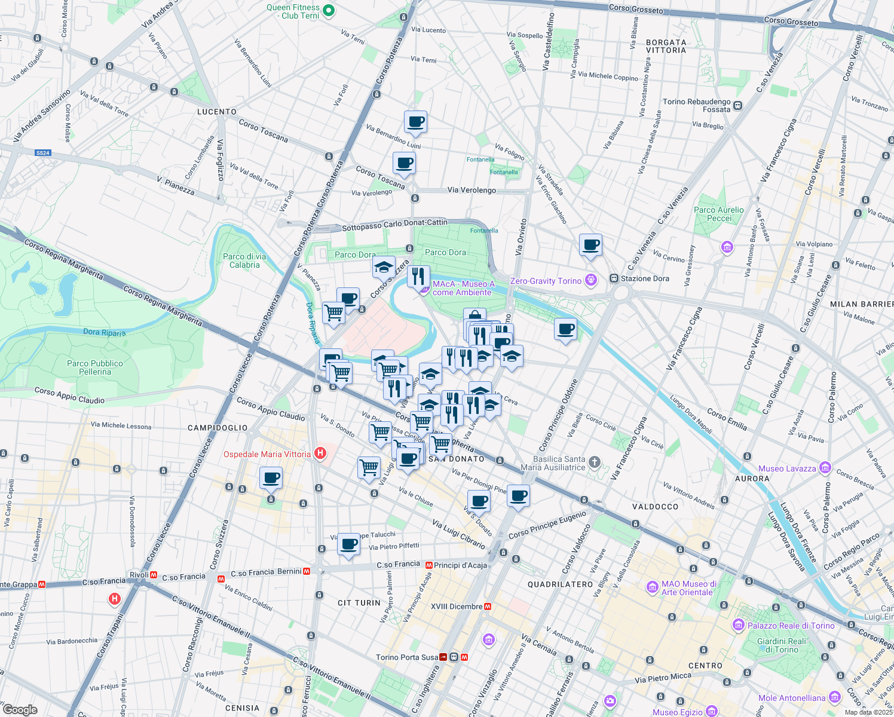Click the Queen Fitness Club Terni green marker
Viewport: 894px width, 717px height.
click(x=328, y=11)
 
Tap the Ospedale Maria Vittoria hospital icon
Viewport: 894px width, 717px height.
click(x=320, y=454)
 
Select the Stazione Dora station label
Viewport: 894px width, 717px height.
click(x=645, y=278)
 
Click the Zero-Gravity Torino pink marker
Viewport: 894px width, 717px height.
click(x=591, y=280)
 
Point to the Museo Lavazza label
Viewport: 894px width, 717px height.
click(x=787, y=468)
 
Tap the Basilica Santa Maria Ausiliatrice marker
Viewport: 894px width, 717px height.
click(x=594, y=462)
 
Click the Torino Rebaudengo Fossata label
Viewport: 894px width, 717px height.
click(x=696, y=105)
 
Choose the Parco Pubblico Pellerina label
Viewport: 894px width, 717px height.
click(x=95, y=367)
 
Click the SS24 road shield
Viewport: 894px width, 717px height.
click(x=42, y=153)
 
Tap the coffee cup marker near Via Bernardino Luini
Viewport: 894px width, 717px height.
click(x=415, y=123)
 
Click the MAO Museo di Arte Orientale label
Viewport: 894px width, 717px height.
click(x=688, y=588)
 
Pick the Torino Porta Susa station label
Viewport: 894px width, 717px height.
click(x=407, y=657)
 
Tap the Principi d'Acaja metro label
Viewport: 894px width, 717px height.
click(x=460, y=565)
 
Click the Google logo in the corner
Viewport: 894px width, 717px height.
click(x=20, y=709)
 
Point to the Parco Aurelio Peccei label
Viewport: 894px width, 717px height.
click(x=719, y=214)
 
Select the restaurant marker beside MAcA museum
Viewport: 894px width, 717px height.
click(x=418, y=277)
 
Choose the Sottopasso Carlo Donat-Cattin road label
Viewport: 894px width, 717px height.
click(x=394, y=225)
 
